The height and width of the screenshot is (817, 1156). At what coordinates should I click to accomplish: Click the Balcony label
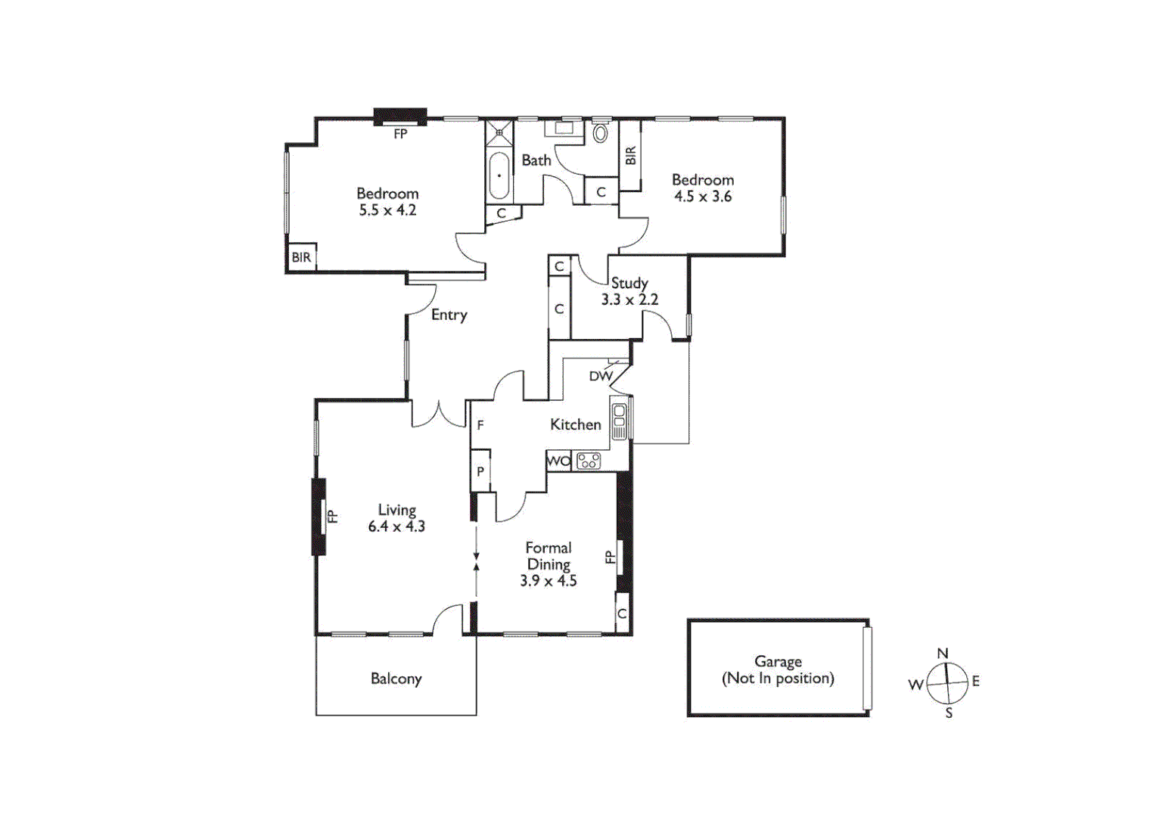point(396,679)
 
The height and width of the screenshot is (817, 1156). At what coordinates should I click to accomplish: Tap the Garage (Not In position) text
point(778,670)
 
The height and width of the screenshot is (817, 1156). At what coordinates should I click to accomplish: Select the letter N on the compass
point(943,654)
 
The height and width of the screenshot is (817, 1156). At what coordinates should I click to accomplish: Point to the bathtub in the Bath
point(499,176)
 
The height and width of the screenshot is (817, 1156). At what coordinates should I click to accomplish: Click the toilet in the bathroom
point(600,134)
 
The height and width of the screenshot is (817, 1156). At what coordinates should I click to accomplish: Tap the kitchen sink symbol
point(620,420)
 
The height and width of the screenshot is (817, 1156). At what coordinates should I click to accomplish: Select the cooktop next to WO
point(589,460)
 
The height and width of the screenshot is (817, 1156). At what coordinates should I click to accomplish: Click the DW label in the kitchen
point(601,376)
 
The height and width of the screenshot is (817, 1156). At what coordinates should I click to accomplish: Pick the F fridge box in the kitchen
point(480,426)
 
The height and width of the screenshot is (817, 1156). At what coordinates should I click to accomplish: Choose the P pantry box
point(480,471)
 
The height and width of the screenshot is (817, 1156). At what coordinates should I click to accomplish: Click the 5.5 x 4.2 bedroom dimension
point(387,210)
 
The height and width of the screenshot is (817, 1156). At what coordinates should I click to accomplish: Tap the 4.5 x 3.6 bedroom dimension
point(703,197)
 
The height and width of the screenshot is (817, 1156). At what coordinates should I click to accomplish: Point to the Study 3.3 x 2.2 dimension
point(629,300)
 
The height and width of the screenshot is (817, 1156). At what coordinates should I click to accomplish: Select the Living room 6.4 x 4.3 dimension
point(396,527)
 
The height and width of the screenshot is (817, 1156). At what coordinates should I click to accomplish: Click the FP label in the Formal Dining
point(610,557)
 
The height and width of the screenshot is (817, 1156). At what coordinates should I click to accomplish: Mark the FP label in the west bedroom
point(400,134)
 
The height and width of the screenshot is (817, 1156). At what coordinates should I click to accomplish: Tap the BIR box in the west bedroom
point(301,257)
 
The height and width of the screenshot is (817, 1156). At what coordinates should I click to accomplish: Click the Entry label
point(449,315)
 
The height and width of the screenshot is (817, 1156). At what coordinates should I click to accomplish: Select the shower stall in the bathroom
point(499,134)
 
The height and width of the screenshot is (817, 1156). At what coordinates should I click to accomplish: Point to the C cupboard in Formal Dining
point(622,614)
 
